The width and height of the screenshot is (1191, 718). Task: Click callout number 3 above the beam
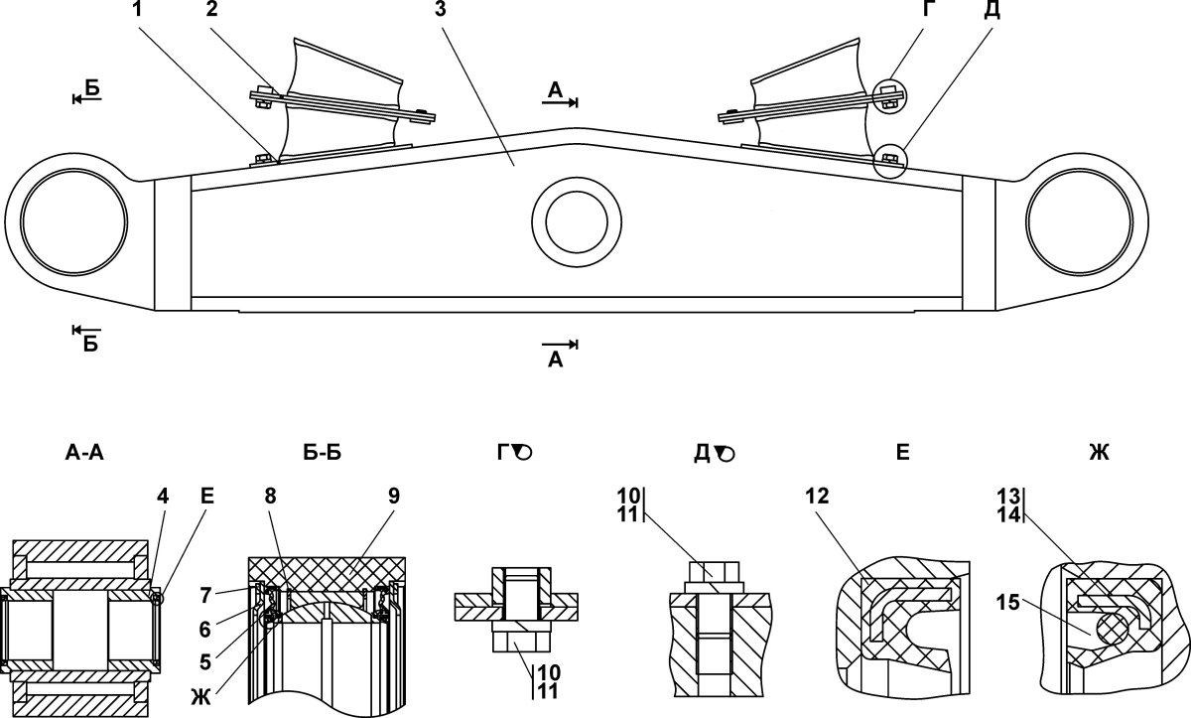pyautogui.click(x=440, y=9)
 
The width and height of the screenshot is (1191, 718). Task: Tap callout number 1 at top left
pyautogui.click(x=137, y=9)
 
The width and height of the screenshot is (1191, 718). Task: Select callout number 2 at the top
pyautogui.click(x=212, y=9)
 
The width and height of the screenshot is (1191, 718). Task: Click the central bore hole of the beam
pyautogui.click(x=577, y=222)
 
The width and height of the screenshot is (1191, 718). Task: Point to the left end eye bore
pyautogui.click(x=73, y=221)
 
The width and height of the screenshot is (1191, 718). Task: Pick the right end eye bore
pyautogui.click(x=1080, y=221)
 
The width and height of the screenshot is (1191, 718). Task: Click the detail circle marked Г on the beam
pyautogui.click(x=888, y=95)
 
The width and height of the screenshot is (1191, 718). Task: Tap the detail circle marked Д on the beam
pyautogui.click(x=889, y=160)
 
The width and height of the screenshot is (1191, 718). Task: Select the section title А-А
pyautogui.click(x=84, y=453)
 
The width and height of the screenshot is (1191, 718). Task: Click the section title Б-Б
pyautogui.click(x=323, y=453)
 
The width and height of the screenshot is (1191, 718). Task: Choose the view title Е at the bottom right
pyautogui.click(x=903, y=453)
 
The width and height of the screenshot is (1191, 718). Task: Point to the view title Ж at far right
pyautogui.click(x=1099, y=453)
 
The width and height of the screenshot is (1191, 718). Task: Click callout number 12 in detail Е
pyautogui.click(x=817, y=497)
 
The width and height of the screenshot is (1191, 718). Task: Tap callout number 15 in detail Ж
pyautogui.click(x=1007, y=603)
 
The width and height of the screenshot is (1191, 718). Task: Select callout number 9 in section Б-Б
pyautogui.click(x=393, y=497)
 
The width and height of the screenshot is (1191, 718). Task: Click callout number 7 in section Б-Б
pyautogui.click(x=205, y=596)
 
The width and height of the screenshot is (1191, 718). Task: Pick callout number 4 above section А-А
pyautogui.click(x=163, y=497)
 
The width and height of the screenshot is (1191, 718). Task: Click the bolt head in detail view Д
pyautogui.click(x=714, y=572)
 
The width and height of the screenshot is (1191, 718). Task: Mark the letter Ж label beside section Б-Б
pyautogui.click(x=200, y=697)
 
